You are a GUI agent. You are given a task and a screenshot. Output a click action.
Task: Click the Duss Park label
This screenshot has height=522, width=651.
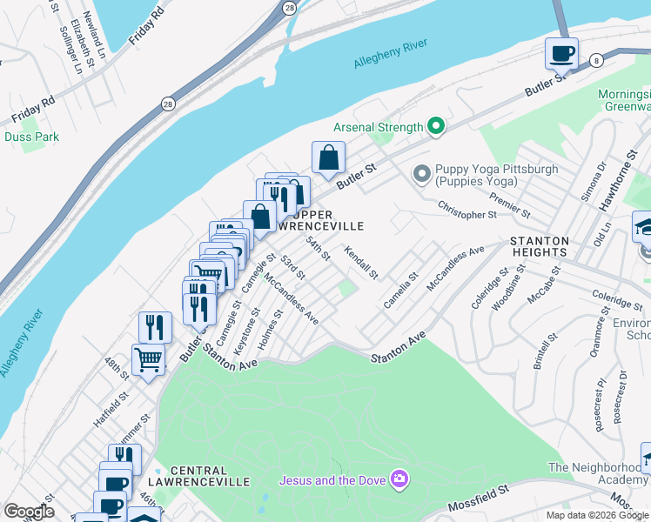pyautogui.click(x=32, y=137)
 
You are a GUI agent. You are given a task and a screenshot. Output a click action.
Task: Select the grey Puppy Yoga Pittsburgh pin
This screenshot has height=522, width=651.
pyautogui.click(x=422, y=175)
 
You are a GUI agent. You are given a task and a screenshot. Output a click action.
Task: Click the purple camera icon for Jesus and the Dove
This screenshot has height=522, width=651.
pyautogui.click(x=399, y=478)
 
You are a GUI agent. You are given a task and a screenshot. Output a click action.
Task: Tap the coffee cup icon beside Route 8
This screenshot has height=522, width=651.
pyautogui.click(x=561, y=54)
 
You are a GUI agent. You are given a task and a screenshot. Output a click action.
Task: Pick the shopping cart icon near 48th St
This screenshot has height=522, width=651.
pyautogui.click(x=148, y=358)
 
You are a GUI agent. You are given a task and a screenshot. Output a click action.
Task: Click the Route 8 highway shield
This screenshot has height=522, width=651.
pyautogui.click(x=595, y=59)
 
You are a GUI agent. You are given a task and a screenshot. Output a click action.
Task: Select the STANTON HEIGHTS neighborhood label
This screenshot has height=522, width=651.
pyautogui.click(x=540, y=247)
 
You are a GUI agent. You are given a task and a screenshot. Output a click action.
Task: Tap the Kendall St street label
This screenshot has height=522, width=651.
pyautogui.click(x=361, y=263)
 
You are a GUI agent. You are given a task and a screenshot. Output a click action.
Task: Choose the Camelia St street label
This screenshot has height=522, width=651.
pyautogui.click(x=400, y=291)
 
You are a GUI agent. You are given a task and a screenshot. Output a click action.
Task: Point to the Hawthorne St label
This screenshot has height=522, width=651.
pyautogui.click(x=614, y=188)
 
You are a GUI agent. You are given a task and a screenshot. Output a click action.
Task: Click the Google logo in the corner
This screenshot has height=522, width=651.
pyautogui.click(x=29, y=512)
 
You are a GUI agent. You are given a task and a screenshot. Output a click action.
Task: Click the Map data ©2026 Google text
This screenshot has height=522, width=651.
pyautogui.click(x=597, y=515)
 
